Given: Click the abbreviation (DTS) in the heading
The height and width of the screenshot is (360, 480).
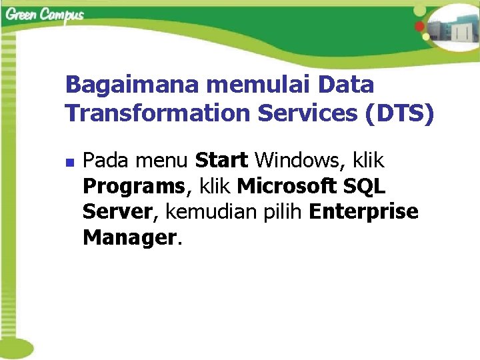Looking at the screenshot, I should pyautogui.click(x=399, y=113).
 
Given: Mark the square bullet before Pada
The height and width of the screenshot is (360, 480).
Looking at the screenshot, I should pyautogui.click(x=70, y=161).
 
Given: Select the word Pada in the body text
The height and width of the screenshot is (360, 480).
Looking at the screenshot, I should pyautogui.click(x=107, y=161).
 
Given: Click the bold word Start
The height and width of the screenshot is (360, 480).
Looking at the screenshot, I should pyautogui.click(x=221, y=161).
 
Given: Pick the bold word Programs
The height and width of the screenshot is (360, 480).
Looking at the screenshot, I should pyautogui.click(x=134, y=187).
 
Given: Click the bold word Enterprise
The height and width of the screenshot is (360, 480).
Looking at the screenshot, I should pyautogui.click(x=364, y=212).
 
